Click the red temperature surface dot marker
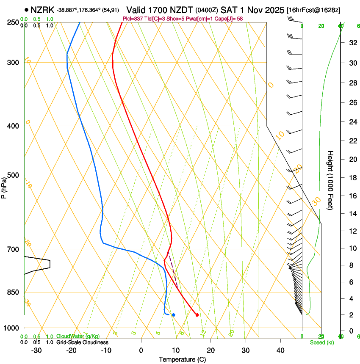tap(197, 314)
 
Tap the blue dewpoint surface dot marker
tap(174, 315)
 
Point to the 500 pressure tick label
tap(14, 175)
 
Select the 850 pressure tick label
tap(14, 292)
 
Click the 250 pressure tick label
tap(14, 22)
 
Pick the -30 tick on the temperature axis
tap(36, 350)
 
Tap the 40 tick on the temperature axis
tap(280, 350)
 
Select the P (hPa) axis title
tap(4, 187)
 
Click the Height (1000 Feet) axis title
tap(331, 180)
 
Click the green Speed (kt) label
tap(321, 342)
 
